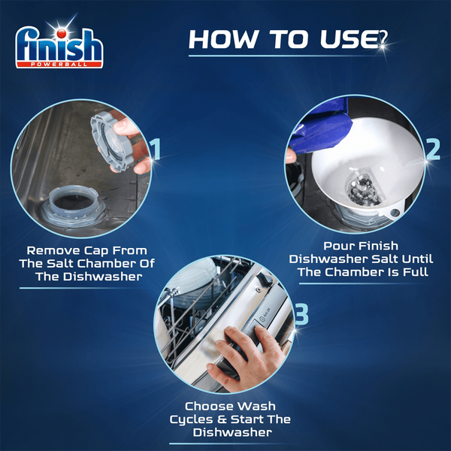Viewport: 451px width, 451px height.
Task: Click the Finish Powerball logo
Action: coord(59,47)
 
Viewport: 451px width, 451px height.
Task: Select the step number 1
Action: coord(156,149)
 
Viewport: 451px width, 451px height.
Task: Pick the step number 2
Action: coord(433,149)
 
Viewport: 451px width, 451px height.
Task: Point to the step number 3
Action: coord(301,314)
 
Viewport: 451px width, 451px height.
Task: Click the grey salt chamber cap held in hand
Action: coord(111,142)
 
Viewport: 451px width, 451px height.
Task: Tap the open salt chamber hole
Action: coord(74,201)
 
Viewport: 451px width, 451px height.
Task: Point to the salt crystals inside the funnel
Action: coord(363,187)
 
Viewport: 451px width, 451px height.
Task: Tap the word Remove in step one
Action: coord(53,250)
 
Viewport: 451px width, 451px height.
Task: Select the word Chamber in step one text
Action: coord(107,263)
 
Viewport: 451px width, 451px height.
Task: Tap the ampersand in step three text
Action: coord(222,419)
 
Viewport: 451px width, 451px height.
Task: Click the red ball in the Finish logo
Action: coord(62,35)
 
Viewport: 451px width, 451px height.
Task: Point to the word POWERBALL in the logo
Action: coord(59,64)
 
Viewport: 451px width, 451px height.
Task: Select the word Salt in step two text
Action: coord(384,259)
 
